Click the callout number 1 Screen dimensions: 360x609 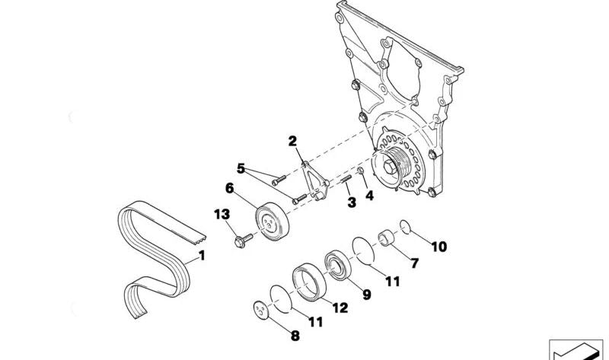202,256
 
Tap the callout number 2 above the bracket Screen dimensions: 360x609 292,141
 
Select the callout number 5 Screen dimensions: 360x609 240,168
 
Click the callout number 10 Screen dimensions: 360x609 439,247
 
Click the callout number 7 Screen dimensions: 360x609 415,263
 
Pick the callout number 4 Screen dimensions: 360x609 369,196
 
